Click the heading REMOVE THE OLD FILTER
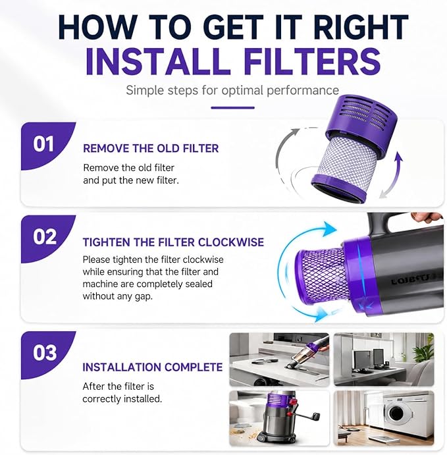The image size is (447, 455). tap(151, 148)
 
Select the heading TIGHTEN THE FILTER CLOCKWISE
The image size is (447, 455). tap(173, 242)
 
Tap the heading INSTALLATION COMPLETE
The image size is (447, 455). tap(152, 367)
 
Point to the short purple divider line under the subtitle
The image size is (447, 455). tap(232, 107)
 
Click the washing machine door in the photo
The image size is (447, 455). tap(396, 414)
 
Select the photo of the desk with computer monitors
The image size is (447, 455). tap(384, 360)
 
